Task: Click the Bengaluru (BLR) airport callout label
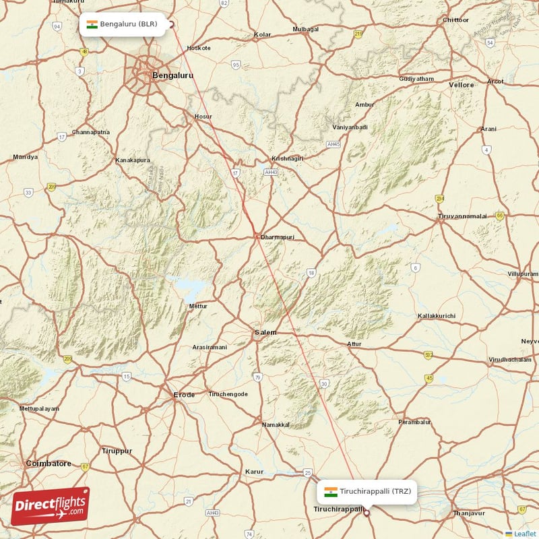pos(121,25)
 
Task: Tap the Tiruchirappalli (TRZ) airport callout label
pos(367,491)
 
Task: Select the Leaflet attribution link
pos(524,534)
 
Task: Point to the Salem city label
pos(265,333)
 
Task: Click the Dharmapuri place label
pos(278,237)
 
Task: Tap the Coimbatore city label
pos(49,464)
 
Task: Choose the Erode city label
pos(184,395)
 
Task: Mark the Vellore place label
pos(462,85)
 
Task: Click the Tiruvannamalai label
pos(462,216)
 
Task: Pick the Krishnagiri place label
pos(288,158)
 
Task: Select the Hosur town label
pos(203,117)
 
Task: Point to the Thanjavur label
pos(469,513)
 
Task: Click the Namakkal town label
pos(276,424)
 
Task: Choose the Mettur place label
pos(199,306)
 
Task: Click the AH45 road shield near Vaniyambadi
pos(334,144)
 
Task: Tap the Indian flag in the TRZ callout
pos(331,491)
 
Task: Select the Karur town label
pos(254,471)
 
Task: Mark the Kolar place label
pos(262,34)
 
